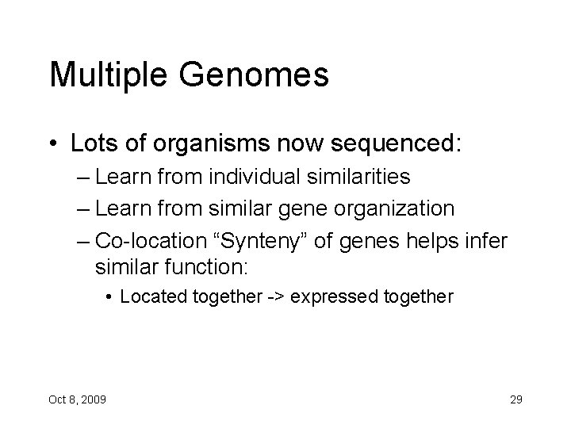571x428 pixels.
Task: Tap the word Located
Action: point(151,297)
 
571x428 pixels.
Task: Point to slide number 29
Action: point(515,399)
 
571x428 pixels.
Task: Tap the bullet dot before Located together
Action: point(109,298)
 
